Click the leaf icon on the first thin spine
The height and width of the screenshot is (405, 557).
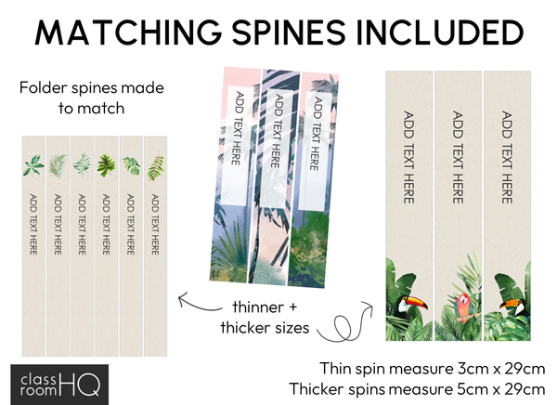32,165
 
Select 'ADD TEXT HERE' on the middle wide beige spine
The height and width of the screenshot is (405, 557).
458,157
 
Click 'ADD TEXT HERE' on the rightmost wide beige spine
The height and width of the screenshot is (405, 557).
507,157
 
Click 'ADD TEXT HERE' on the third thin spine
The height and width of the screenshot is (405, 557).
82,224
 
